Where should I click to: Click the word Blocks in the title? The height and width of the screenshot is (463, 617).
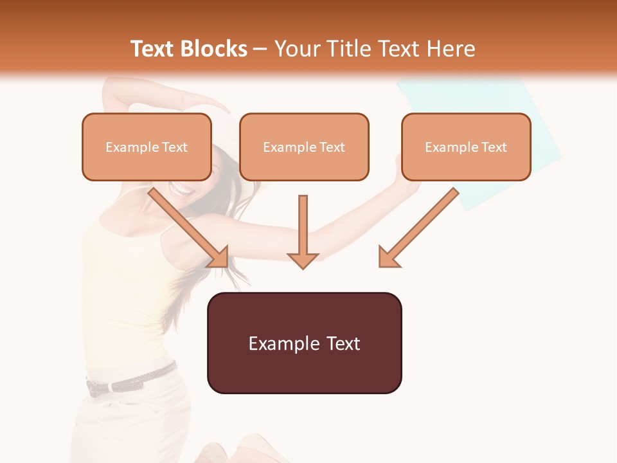pos(215,49)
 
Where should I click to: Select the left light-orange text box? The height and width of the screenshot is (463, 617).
pos(147,147)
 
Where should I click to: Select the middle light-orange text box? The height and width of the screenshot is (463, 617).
pos(304,147)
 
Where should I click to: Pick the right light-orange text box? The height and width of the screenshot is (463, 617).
pos(466,147)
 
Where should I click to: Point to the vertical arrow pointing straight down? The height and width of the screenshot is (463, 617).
pos(303,232)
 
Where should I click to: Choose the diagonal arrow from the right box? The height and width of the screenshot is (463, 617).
pos(418,228)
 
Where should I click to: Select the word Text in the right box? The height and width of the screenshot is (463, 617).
pos(494,147)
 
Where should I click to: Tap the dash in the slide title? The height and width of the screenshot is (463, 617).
pos(260,49)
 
